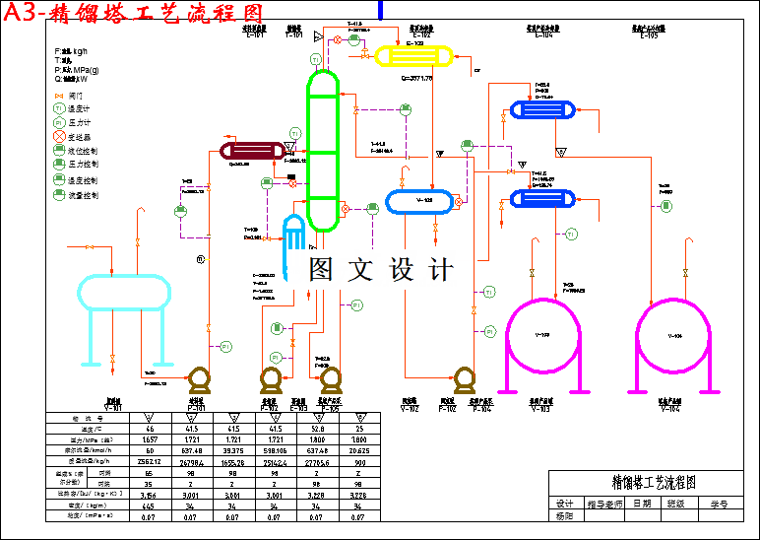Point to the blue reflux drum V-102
coord(420,201)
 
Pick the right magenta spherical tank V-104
coord(673,335)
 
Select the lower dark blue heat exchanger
coord(543,199)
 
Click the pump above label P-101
coord(199,379)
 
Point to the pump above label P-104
coord(464,379)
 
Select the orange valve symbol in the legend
coord(59,96)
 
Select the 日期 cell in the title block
coord(642,503)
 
